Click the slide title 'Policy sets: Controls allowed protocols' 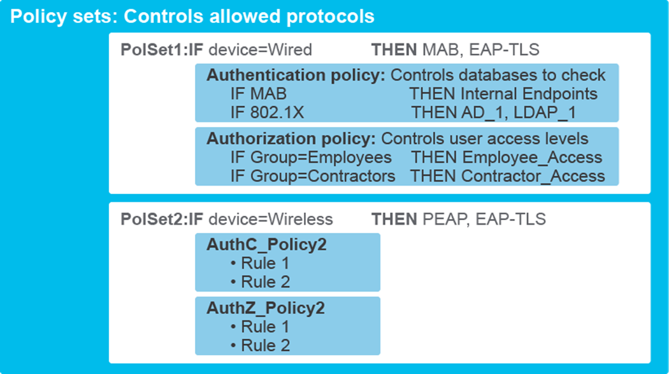[192, 16]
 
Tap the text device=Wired [261, 50]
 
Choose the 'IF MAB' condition [259, 94]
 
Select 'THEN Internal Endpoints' [503, 94]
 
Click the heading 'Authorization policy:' [291, 138]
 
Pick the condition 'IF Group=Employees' [311, 157]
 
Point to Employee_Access [532, 157]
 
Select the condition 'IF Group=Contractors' [313, 176]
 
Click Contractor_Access [533, 176]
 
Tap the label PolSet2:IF [162, 220]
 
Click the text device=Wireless [271, 220]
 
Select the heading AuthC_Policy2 [266, 245]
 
